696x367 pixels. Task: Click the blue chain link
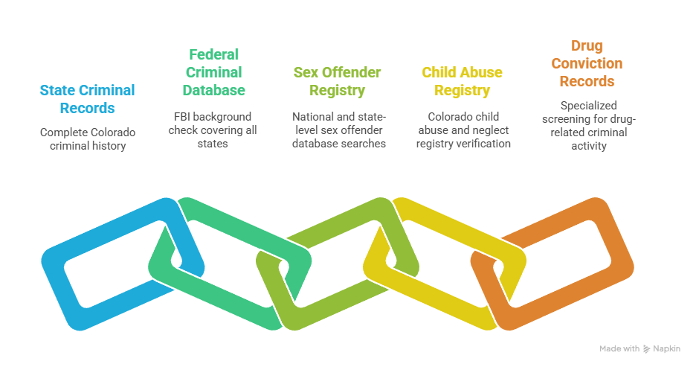[x=56, y=284]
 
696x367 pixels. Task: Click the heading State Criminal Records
[x=88, y=99]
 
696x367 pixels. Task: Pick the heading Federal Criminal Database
[x=213, y=72]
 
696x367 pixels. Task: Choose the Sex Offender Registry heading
[x=338, y=81]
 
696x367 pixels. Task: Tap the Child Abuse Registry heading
[x=462, y=81]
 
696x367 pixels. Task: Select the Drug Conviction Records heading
[x=587, y=63]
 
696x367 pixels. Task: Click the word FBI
[x=182, y=117]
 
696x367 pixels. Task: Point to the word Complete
[x=61, y=133]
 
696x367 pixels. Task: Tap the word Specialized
[x=589, y=106]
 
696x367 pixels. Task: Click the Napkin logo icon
[x=646, y=349]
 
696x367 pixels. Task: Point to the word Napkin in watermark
[x=667, y=349]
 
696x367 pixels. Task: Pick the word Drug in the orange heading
[x=587, y=45]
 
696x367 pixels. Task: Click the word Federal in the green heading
[x=214, y=54]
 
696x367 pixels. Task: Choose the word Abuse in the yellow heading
[x=482, y=72]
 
